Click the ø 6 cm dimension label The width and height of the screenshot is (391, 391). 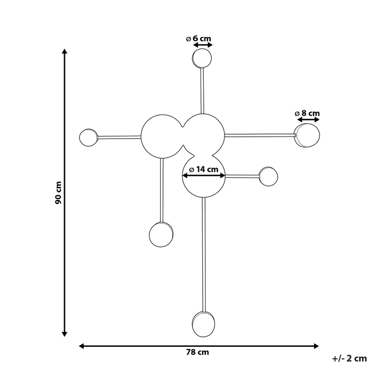pos(199,39)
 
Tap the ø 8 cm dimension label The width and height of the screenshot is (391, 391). pos(307,113)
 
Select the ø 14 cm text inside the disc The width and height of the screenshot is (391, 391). pos(203,169)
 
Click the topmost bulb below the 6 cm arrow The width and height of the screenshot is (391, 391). pos(202,58)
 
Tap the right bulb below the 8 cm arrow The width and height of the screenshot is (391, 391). pos(307,136)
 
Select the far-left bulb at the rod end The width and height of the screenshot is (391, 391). pos(88,137)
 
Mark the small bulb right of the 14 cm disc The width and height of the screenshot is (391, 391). pos(269,177)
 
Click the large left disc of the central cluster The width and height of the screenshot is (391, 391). pos(160,136)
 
